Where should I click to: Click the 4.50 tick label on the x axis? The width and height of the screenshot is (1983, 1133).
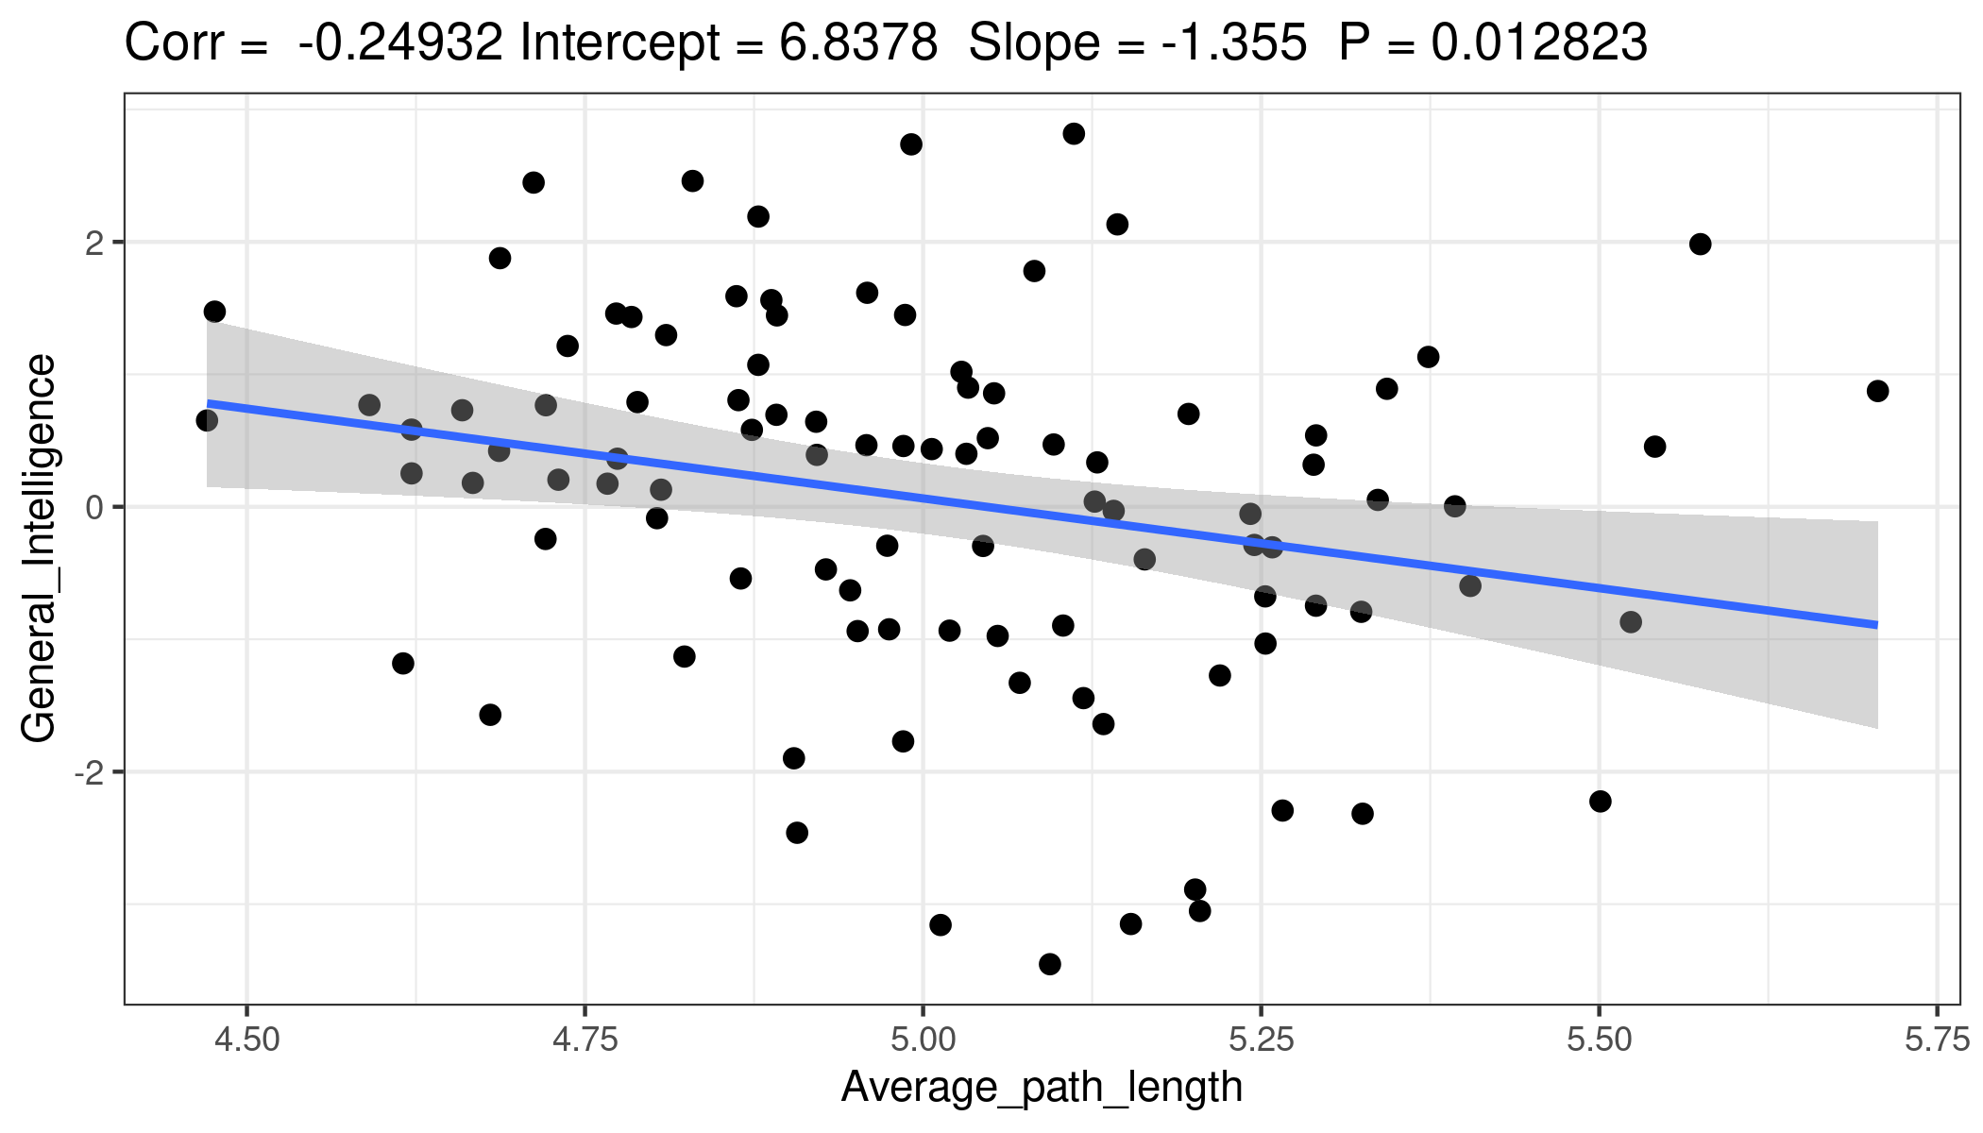pyautogui.click(x=246, y=1040)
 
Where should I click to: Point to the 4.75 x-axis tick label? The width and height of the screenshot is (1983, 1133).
pyautogui.click(x=585, y=1040)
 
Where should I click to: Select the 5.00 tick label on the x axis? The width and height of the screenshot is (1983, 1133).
pyautogui.click(x=923, y=1040)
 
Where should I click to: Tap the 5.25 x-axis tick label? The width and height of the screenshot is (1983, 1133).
pyautogui.click(x=1261, y=1040)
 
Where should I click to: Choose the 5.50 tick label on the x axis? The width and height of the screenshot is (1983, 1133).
pyautogui.click(x=1599, y=1040)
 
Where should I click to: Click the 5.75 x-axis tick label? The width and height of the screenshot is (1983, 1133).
pyautogui.click(x=1937, y=1040)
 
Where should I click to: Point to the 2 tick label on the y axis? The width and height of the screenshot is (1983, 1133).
pyautogui.click(x=93, y=243)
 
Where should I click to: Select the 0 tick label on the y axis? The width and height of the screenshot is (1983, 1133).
pyautogui.click(x=93, y=507)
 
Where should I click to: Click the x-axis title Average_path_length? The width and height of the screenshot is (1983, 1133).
pyautogui.click(x=1042, y=1087)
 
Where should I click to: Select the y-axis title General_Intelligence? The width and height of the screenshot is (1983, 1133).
pyautogui.click(x=40, y=549)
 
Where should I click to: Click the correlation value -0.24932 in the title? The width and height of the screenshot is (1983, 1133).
pyautogui.click(x=400, y=43)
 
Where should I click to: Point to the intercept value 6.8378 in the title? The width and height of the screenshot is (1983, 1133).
pyautogui.click(x=857, y=43)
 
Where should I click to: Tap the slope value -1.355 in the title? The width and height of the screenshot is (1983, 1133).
pyautogui.click(x=1234, y=43)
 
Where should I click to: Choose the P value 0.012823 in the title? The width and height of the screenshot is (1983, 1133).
pyautogui.click(x=1539, y=43)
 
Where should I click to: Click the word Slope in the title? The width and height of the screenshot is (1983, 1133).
pyautogui.click(x=1034, y=43)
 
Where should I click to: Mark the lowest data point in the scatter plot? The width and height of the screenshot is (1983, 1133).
pyautogui.click(x=1049, y=964)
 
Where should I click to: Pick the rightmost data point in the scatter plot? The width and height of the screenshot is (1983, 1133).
pyautogui.click(x=1877, y=391)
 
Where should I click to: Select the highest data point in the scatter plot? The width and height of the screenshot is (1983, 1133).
pyautogui.click(x=1074, y=134)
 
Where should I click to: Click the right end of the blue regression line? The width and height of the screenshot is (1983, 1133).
pyautogui.click(x=1877, y=625)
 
